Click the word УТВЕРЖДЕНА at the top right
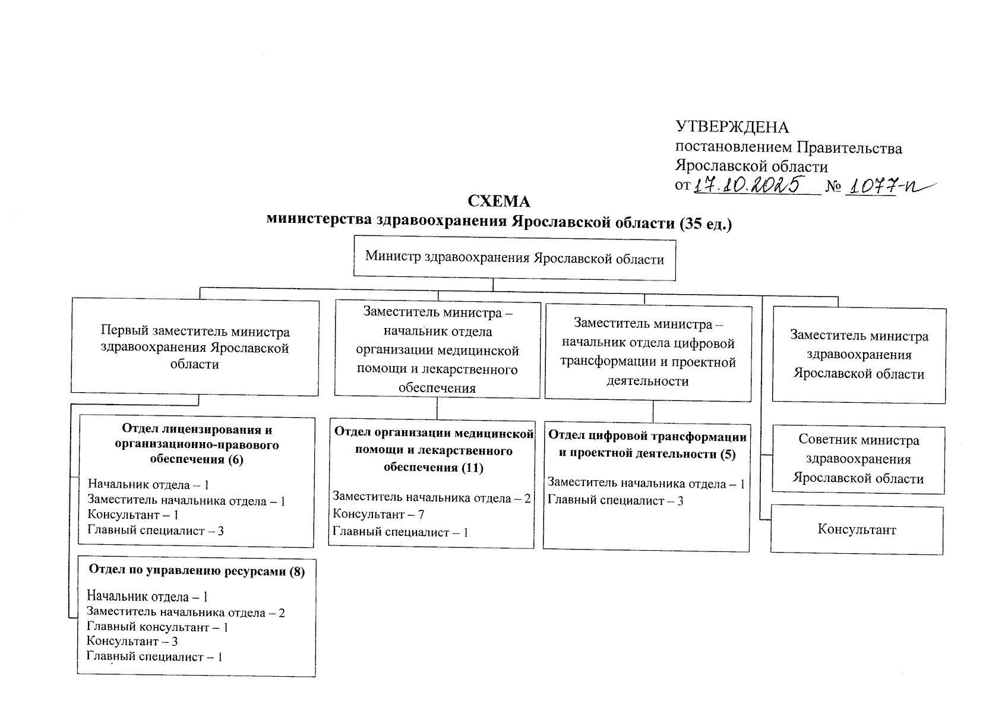tap(732, 127)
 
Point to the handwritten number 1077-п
tap(886, 186)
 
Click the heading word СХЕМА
tap(498, 201)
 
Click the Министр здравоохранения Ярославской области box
tap(514, 258)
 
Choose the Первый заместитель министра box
tap(195, 347)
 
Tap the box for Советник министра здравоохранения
tap(858, 459)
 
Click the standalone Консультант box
tap(857, 529)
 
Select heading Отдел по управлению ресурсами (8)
tap(197, 572)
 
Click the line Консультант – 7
tap(378, 515)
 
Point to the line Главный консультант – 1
tap(157, 627)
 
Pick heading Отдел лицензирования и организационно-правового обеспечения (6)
tap(197, 444)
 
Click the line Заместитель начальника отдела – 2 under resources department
tap(186, 612)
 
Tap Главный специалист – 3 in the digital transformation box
tap(615, 501)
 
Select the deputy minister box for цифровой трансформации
tap(648, 352)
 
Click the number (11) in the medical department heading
tap(472, 468)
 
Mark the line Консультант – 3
tap(132, 642)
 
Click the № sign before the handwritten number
tap(835, 187)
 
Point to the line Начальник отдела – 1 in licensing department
tap(148, 485)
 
